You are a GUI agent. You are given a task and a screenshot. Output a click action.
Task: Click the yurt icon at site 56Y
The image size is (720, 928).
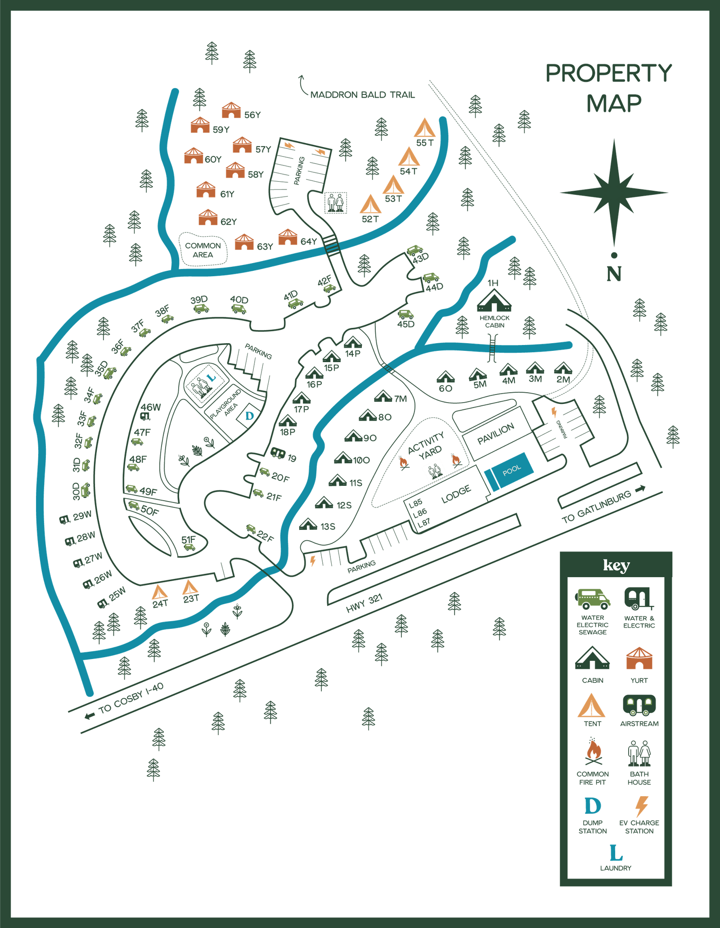click(x=231, y=111)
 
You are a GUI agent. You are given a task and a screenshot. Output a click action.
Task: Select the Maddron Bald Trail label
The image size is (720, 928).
click(x=363, y=94)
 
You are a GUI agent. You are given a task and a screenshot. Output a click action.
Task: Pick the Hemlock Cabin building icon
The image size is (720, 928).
click(x=494, y=301)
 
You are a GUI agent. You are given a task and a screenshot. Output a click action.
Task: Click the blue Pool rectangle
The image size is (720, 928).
click(x=510, y=471)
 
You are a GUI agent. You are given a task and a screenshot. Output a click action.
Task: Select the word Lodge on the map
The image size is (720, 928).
click(x=456, y=494)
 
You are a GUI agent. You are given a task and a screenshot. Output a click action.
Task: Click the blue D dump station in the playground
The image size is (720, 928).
click(x=249, y=416)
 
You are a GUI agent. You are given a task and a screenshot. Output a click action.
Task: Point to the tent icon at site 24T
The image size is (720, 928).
click(x=159, y=593)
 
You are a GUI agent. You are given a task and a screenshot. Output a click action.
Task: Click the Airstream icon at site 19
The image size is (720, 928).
click(x=278, y=453)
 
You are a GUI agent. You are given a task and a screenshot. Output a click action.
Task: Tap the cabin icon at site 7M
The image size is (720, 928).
click(x=383, y=396)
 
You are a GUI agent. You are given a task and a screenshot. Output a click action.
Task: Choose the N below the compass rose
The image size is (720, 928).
click(x=614, y=273)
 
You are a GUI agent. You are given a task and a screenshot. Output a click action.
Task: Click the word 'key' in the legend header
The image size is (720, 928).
click(x=616, y=565)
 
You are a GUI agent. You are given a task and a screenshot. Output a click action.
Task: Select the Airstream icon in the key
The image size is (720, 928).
click(x=639, y=705)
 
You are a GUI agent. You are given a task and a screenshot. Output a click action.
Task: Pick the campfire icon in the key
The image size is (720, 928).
click(x=593, y=752)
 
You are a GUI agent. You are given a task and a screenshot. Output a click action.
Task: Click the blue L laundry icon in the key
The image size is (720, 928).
click(x=616, y=852)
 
